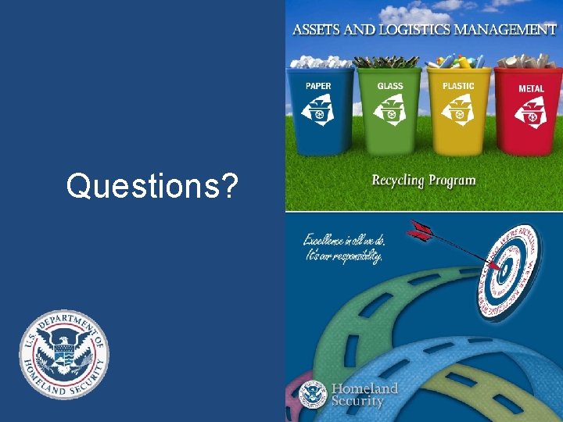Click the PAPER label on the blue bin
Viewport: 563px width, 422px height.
click(x=318, y=86)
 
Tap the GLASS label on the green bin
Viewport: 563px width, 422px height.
click(x=390, y=86)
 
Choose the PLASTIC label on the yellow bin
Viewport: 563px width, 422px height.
click(x=458, y=86)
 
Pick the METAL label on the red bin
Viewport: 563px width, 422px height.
click(x=531, y=88)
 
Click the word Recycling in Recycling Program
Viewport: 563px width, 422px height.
click(x=397, y=181)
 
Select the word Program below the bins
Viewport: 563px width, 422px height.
click(x=451, y=181)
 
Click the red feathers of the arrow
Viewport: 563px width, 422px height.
click(x=419, y=231)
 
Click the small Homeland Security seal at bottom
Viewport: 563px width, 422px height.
click(x=313, y=395)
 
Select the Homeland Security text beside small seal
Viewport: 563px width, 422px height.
click(x=364, y=395)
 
